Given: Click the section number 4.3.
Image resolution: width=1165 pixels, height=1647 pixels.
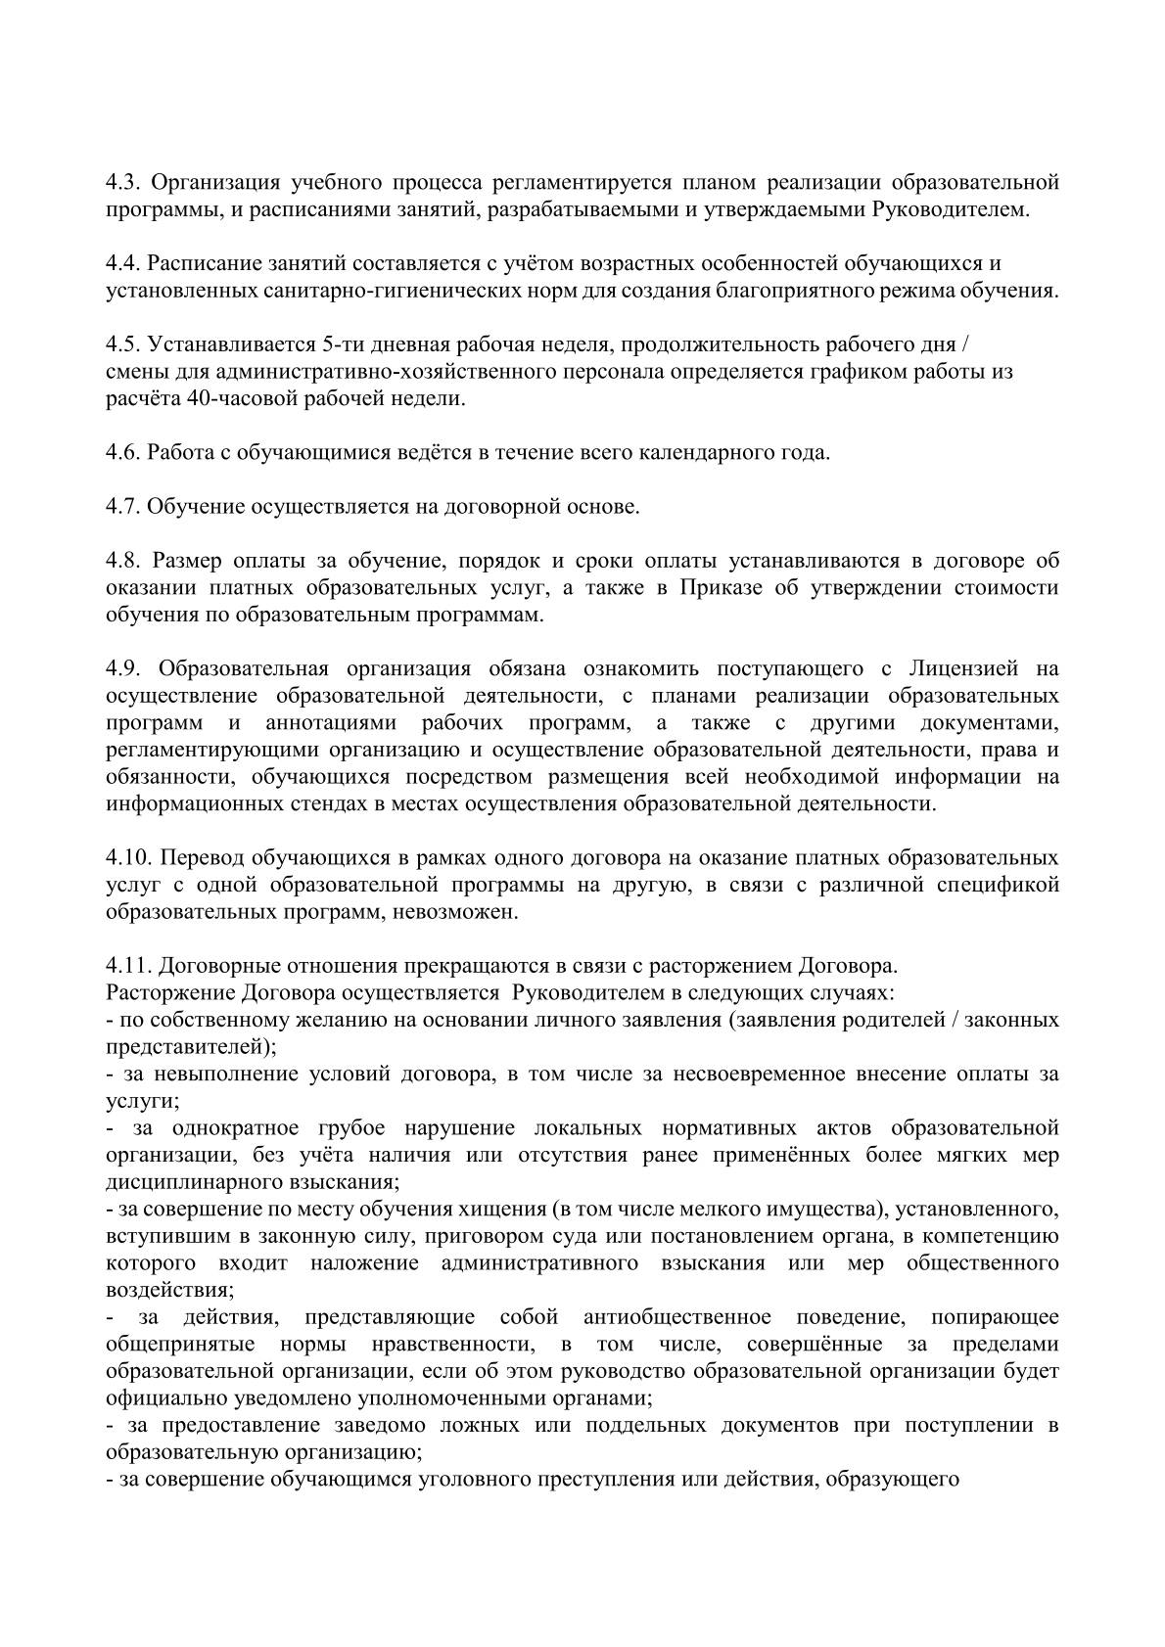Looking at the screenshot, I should click(123, 183).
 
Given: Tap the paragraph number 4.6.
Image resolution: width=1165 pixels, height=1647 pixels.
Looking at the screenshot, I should click(123, 453).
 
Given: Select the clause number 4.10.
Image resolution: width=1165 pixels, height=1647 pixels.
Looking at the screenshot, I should click(128, 858).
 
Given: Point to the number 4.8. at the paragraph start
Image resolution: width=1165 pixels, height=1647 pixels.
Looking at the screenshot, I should click(123, 561).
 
